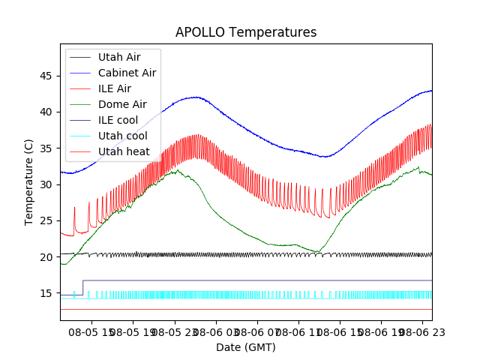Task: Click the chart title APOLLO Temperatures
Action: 246,32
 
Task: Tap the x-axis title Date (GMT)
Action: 246,347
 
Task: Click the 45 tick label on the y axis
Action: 46,76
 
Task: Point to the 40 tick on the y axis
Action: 46,112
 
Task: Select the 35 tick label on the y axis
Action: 46,148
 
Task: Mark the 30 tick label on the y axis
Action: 46,184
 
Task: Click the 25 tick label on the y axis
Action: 46,220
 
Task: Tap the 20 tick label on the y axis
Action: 46,256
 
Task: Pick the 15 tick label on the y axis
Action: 46,293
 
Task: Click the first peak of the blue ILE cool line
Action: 196,97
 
